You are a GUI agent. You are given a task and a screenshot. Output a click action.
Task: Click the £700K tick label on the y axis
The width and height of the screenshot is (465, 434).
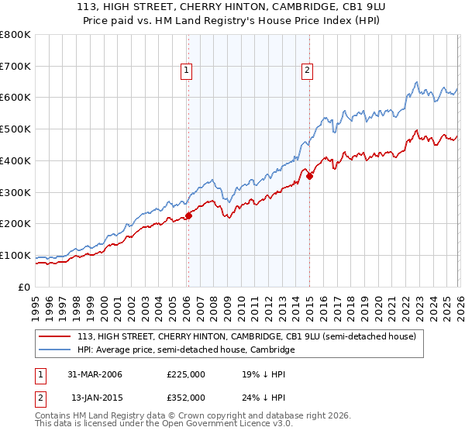pos(15,66)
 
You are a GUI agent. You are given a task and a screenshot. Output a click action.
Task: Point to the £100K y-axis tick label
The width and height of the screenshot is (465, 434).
pos(15,255)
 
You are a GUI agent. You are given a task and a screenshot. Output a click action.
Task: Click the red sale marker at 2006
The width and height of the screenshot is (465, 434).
pos(188,216)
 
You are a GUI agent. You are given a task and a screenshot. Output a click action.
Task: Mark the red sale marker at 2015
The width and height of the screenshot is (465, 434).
pos(309,176)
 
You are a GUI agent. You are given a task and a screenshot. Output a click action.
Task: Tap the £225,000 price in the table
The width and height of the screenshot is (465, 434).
pos(186,374)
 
